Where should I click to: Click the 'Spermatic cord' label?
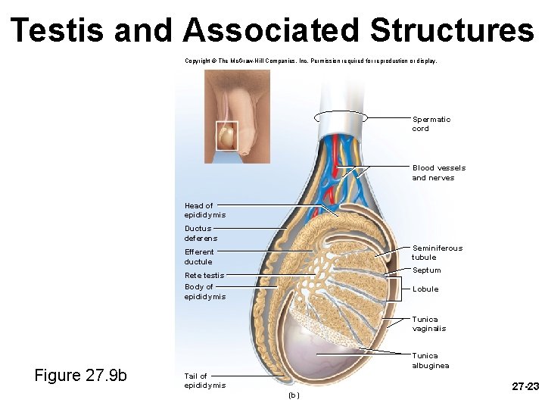(431, 124)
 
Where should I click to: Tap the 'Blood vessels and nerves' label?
(438, 173)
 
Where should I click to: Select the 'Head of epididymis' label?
(204, 210)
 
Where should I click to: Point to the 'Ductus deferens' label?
(201, 233)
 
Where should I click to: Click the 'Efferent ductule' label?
(199, 257)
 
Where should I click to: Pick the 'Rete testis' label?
(204, 275)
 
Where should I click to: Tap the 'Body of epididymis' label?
(204, 292)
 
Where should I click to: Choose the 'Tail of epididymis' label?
(204, 380)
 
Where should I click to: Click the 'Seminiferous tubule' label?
(437, 252)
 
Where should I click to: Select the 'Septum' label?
(426, 270)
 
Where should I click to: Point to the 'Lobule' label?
(425, 289)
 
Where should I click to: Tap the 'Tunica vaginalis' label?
(428, 324)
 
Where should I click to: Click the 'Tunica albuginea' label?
(430, 361)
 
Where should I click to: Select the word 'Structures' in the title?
(452, 30)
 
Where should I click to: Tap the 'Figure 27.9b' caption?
(81, 376)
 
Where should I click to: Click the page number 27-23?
(525, 387)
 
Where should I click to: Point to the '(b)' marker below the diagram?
(293, 395)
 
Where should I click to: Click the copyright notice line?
(310, 61)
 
